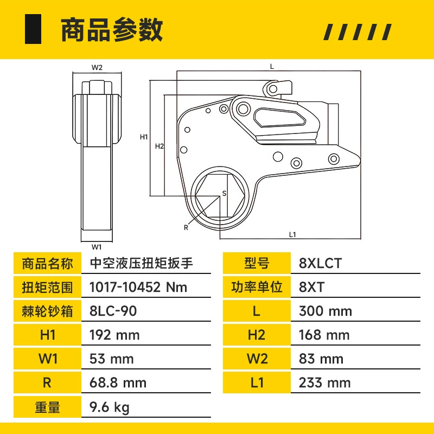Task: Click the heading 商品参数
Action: click(x=112, y=30)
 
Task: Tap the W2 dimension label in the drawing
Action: click(x=97, y=67)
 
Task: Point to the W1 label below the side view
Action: click(x=97, y=247)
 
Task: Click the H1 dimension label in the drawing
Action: click(x=144, y=137)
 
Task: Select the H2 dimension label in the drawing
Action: click(x=159, y=146)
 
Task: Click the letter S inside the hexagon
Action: click(x=224, y=194)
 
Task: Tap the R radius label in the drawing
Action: click(x=186, y=227)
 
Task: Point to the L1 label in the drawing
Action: click(x=292, y=235)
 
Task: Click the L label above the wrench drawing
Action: click(x=272, y=66)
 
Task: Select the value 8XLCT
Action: click(x=320, y=263)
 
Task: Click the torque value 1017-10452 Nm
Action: click(x=138, y=287)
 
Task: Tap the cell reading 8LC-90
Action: click(x=113, y=311)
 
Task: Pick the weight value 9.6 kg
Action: click(x=110, y=407)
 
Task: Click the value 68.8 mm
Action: click(x=118, y=383)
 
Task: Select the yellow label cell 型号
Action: click(x=257, y=263)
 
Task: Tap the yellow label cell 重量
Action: click(x=47, y=407)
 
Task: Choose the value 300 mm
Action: click(x=325, y=311)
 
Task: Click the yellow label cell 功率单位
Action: click(x=257, y=287)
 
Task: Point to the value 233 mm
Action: click(x=324, y=383)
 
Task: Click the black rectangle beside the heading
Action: click(x=33, y=29)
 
